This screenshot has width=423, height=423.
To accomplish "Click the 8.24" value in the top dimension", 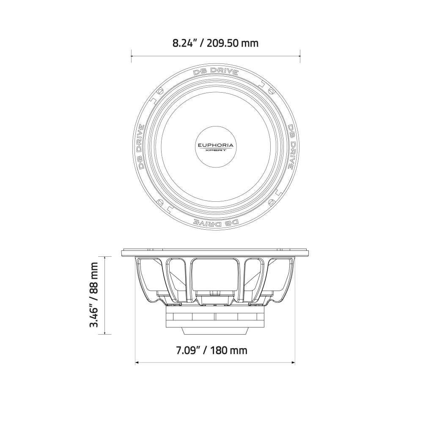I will pyautogui.click(x=185, y=43).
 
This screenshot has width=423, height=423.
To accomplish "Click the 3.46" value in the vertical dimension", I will pyautogui.click(x=93, y=313).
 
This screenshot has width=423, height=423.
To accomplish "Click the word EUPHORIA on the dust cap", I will pyautogui.click(x=216, y=145).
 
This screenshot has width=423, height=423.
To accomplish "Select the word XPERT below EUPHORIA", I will pyautogui.click(x=216, y=150).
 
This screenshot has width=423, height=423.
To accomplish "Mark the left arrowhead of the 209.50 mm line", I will pyautogui.click(x=132, y=54).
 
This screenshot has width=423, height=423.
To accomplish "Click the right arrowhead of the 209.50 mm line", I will pyautogui.click(x=299, y=54).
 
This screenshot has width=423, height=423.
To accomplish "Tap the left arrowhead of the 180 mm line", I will pyautogui.click(x=136, y=363).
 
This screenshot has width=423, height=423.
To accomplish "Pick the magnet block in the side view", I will pyautogui.click(x=216, y=317).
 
